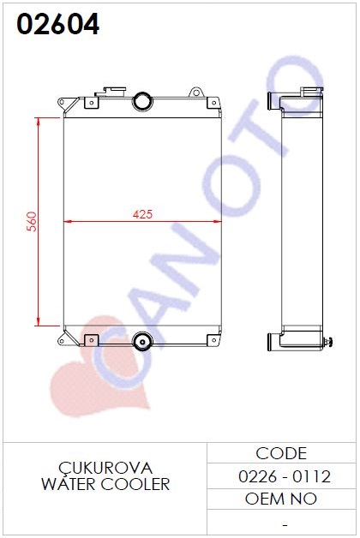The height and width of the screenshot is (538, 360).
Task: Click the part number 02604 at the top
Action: point(58,24)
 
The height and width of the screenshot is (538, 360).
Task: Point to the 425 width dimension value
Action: point(142,214)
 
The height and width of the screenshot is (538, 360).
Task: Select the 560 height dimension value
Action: point(32,222)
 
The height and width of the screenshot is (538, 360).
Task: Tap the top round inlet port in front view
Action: point(142,101)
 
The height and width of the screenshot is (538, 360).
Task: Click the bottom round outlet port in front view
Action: point(142,341)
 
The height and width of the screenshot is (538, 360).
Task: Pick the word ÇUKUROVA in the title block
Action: point(105,468)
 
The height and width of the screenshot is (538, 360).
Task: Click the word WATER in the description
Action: point(68,484)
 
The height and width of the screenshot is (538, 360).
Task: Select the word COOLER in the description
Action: point(135,484)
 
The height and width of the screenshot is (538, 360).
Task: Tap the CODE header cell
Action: point(281,453)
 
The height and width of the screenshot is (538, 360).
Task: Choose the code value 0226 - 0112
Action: point(285,476)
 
